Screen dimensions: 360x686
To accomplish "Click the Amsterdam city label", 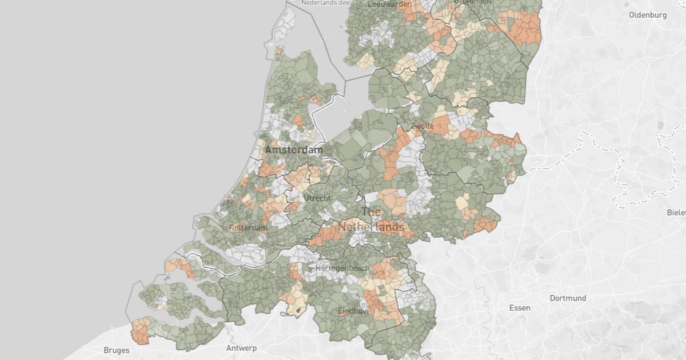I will [x=293, y=150].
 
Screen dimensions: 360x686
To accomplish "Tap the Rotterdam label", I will [x=248, y=228].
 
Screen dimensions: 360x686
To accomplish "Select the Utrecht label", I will [x=317, y=198].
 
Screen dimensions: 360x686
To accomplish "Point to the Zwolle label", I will [x=422, y=126].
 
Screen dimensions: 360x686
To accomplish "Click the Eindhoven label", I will [x=356, y=311].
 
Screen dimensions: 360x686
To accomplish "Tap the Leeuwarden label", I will [x=390, y=4].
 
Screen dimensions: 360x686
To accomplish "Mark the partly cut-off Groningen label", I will [x=472, y=2].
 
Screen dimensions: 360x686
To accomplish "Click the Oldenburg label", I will [x=648, y=15].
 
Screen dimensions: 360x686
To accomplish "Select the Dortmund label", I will [x=568, y=298].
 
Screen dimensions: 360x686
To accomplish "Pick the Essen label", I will [x=520, y=308].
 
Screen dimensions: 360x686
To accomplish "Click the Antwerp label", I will [x=241, y=348].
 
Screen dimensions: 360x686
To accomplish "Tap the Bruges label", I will [x=116, y=350].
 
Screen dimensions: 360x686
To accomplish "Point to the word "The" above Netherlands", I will [x=371, y=211].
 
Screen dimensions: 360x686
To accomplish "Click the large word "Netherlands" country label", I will [x=370, y=227].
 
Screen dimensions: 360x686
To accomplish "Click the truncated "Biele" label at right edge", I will [x=676, y=213].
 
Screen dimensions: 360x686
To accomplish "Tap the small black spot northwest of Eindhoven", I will [x=297, y=311].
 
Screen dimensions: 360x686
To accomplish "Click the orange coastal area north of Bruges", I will [x=139, y=331].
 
